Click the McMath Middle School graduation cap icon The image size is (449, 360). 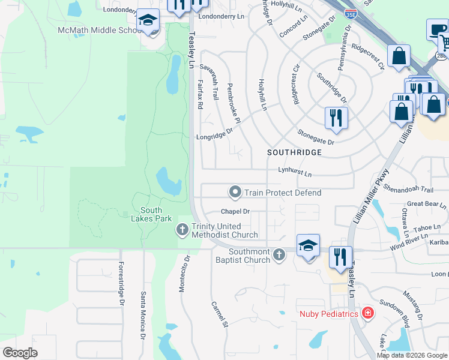148,22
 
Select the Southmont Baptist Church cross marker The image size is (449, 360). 278,255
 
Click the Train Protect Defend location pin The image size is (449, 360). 235,193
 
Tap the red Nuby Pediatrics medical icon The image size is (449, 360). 367,313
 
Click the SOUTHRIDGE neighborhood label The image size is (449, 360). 294,153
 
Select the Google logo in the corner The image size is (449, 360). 20,353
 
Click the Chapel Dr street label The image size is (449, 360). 235,211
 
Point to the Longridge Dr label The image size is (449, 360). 214,135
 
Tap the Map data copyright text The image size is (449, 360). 412,355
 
